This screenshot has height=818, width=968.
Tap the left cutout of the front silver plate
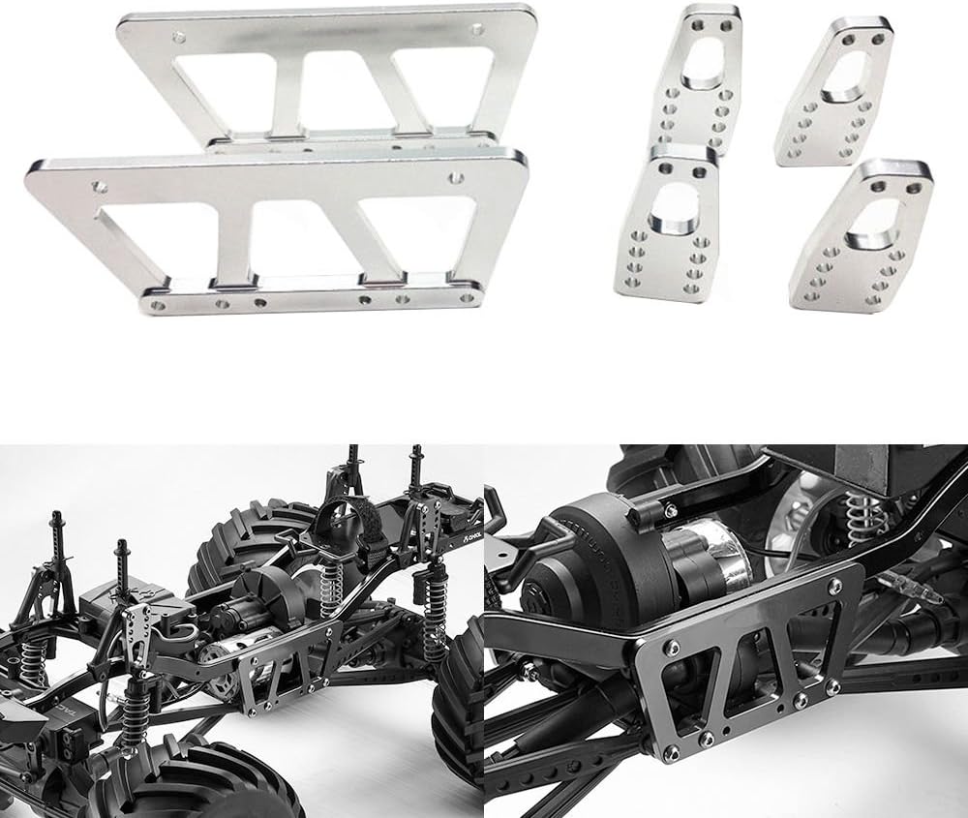click(x=160, y=235)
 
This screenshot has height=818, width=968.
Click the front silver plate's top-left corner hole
click(x=99, y=182)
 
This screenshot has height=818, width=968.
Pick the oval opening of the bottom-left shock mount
click(x=674, y=207)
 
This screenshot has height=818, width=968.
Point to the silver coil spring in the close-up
click(x=858, y=518)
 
